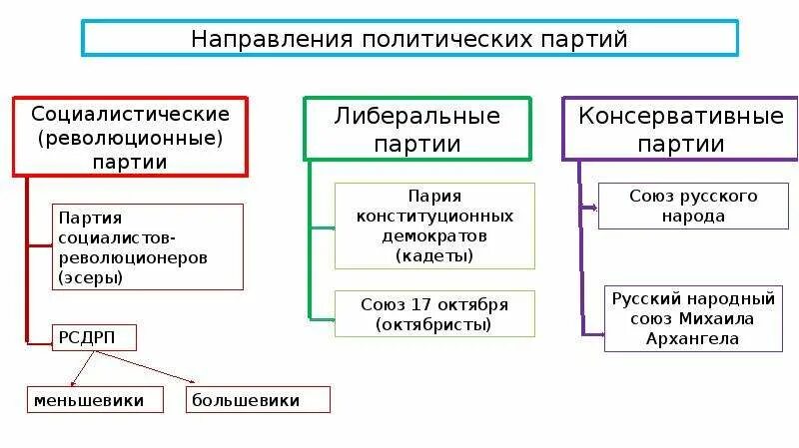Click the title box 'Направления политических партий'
[409, 39]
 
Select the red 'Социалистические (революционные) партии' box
[130, 137]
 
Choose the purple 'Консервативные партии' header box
[681, 129]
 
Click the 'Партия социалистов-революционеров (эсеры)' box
[147, 246]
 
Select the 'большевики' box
[258, 400]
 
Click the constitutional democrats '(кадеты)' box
[433, 225]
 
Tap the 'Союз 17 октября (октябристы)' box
[433, 313]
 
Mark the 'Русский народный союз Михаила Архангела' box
[693, 318]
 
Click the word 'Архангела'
[692, 338]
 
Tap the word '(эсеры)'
[91, 277]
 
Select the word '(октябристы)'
[433, 323]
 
